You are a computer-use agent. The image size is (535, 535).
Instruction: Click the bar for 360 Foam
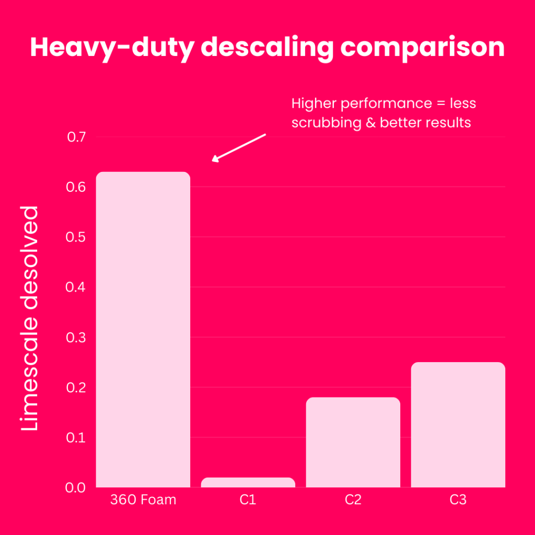pyautogui.click(x=143, y=329)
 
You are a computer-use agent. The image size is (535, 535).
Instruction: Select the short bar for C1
pyautogui.click(x=248, y=482)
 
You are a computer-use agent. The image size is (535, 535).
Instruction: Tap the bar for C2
pyautogui.click(x=353, y=442)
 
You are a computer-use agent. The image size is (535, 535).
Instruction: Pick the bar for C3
pyautogui.click(x=458, y=424)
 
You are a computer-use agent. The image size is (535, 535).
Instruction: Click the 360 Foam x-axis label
pyautogui.click(x=143, y=500)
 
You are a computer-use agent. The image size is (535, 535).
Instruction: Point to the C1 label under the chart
pyautogui.click(x=248, y=500)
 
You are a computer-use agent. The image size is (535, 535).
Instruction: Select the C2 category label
pyautogui.click(x=353, y=500)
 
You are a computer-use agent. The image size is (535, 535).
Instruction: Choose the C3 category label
pyautogui.click(x=458, y=500)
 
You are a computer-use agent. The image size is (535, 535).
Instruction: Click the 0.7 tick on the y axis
pyautogui.click(x=76, y=137)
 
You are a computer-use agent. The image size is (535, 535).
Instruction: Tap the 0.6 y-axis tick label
pyautogui.click(x=76, y=187)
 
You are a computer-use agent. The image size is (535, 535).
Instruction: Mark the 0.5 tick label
pyautogui.click(x=76, y=237)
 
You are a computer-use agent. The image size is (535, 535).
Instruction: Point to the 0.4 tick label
pyautogui.click(x=76, y=287)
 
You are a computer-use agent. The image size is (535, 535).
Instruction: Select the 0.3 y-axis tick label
pyautogui.click(x=76, y=338)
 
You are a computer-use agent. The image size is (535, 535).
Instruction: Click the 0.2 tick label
pyautogui.click(x=76, y=388)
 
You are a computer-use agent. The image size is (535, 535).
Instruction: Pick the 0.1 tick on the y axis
pyautogui.click(x=76, y=437)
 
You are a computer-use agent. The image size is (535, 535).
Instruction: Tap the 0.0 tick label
pyautogui.click(x=76, y=487)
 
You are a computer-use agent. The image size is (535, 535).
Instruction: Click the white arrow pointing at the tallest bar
pyautogui.click(x=239, y=147)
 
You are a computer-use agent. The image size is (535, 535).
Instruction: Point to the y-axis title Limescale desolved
pyautogui.click(x=30, y=319)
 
